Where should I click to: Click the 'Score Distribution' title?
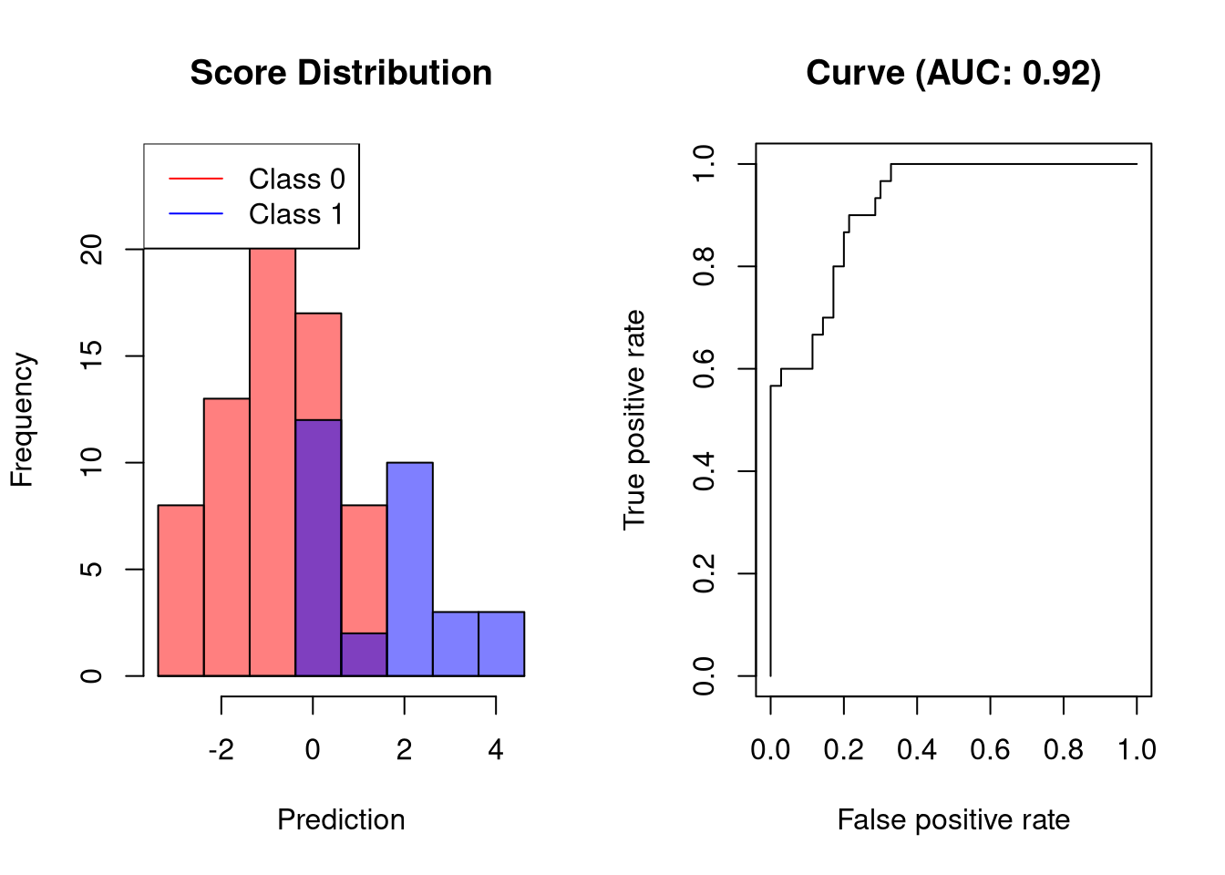point(341,73)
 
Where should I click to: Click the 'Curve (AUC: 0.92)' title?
point(953,73)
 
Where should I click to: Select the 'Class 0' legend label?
point(296,179)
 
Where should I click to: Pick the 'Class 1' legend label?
point(296,214)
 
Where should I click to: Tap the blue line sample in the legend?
point(196,214)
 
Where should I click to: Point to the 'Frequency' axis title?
point(22,420)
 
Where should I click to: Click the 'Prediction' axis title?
point(341,819)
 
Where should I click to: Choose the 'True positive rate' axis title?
point(634,420)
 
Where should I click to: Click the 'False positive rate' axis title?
point(953,819)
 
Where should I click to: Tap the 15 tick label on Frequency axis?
point(92,355)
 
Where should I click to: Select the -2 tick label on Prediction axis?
point(221,750)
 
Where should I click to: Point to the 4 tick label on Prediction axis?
point(496,750)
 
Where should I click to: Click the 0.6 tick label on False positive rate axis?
point(990,750)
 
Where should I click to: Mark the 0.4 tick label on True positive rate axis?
point(704,471)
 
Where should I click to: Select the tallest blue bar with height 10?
point(409,570)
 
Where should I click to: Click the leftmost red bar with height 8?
point(180,591)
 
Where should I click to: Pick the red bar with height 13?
point(226,538)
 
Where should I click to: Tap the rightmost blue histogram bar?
point(501,643)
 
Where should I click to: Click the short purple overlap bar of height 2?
point(364,654)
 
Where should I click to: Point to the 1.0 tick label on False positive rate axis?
point(1137,750)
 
